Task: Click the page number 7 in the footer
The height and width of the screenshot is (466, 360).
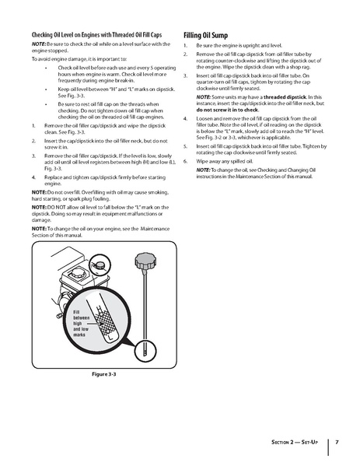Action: pyautogui.click(x=336, y=443)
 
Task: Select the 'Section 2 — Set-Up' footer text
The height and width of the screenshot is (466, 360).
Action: pyautogui.click(x=295, y=443)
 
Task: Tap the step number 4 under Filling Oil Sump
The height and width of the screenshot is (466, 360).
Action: pyautogui.click(x=187, y=118)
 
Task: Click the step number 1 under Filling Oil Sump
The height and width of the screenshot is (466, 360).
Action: pyautogui.click(x=187, y=47)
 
